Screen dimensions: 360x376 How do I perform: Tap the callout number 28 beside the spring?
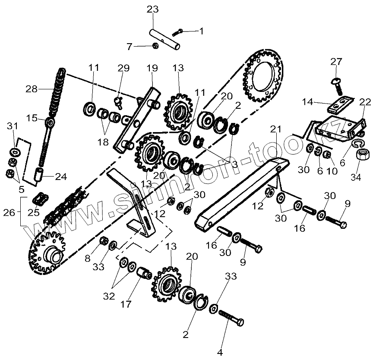tap(32, 89)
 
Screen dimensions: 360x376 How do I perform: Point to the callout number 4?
tap(220, 352)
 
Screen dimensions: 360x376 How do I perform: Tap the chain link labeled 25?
tap(40, 200)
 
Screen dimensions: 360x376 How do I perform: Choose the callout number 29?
tap(123, 67)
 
